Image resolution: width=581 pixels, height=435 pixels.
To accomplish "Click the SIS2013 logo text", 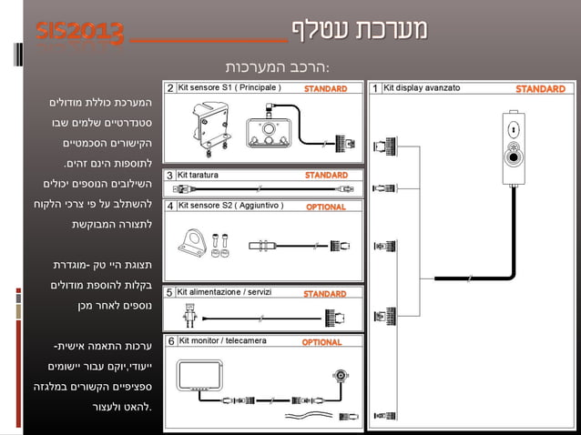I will point(81,33).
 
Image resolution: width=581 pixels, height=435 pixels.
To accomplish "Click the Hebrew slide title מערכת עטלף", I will point(360,29).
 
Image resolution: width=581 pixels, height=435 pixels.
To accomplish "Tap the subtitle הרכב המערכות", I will point(277,68).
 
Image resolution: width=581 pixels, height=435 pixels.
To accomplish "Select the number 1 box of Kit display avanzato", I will point(375,88).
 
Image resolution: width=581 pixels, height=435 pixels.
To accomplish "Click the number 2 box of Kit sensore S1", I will point(170,88).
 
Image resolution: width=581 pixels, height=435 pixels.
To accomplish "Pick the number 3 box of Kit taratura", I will point(170,175).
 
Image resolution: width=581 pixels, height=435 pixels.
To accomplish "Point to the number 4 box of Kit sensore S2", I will point(170,206).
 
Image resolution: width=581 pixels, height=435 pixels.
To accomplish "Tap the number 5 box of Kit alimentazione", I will point(170,293).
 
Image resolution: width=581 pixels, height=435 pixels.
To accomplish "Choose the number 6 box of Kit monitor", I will point(170,341).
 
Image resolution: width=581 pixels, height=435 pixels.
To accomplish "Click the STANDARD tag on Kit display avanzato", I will point(540,89).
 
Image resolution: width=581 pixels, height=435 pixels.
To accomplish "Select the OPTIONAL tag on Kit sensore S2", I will point(325,207).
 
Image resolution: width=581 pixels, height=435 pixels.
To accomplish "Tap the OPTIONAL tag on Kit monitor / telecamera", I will point(321,342).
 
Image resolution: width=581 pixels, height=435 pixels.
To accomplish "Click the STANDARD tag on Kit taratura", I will point(325,175).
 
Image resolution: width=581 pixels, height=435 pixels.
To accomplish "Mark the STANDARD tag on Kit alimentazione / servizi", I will point(324,294).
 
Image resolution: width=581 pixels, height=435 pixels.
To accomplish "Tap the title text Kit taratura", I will point(199,175).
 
